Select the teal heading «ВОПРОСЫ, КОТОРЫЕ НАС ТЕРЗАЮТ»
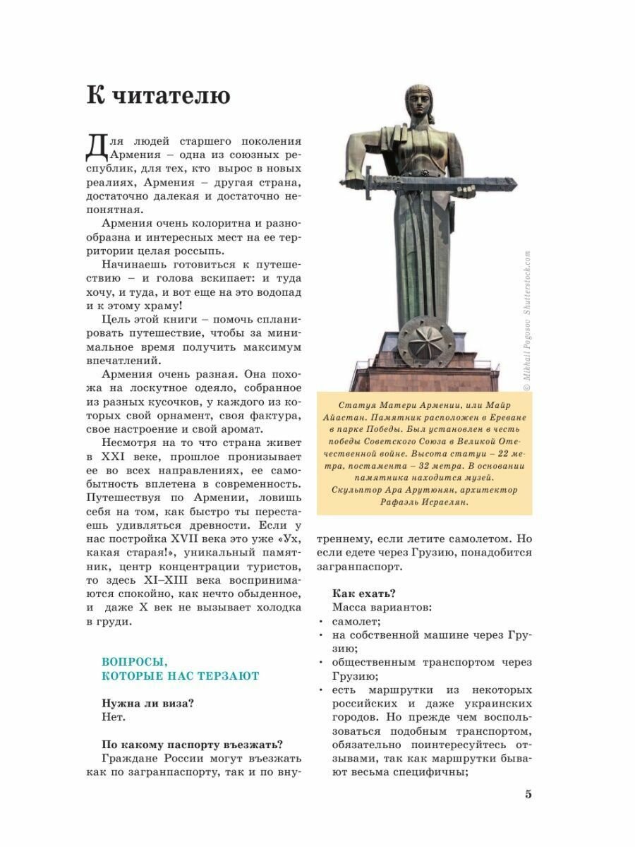coord(181,668)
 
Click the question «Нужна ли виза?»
coord(147,703)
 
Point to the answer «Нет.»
coord(113,717)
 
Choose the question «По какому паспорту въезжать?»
coord(192,744)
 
